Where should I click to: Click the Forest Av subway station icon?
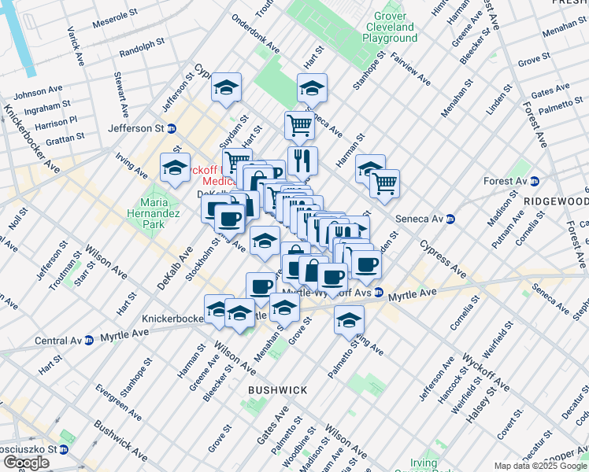point(535,180)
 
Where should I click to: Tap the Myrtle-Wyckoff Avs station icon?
point(379,293)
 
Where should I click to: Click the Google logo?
point(26,463)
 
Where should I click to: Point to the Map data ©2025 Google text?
point(540,466)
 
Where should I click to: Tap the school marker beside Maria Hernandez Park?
point(175,167)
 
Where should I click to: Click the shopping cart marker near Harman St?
point(384,183)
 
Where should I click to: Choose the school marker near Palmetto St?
point(349,319)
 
